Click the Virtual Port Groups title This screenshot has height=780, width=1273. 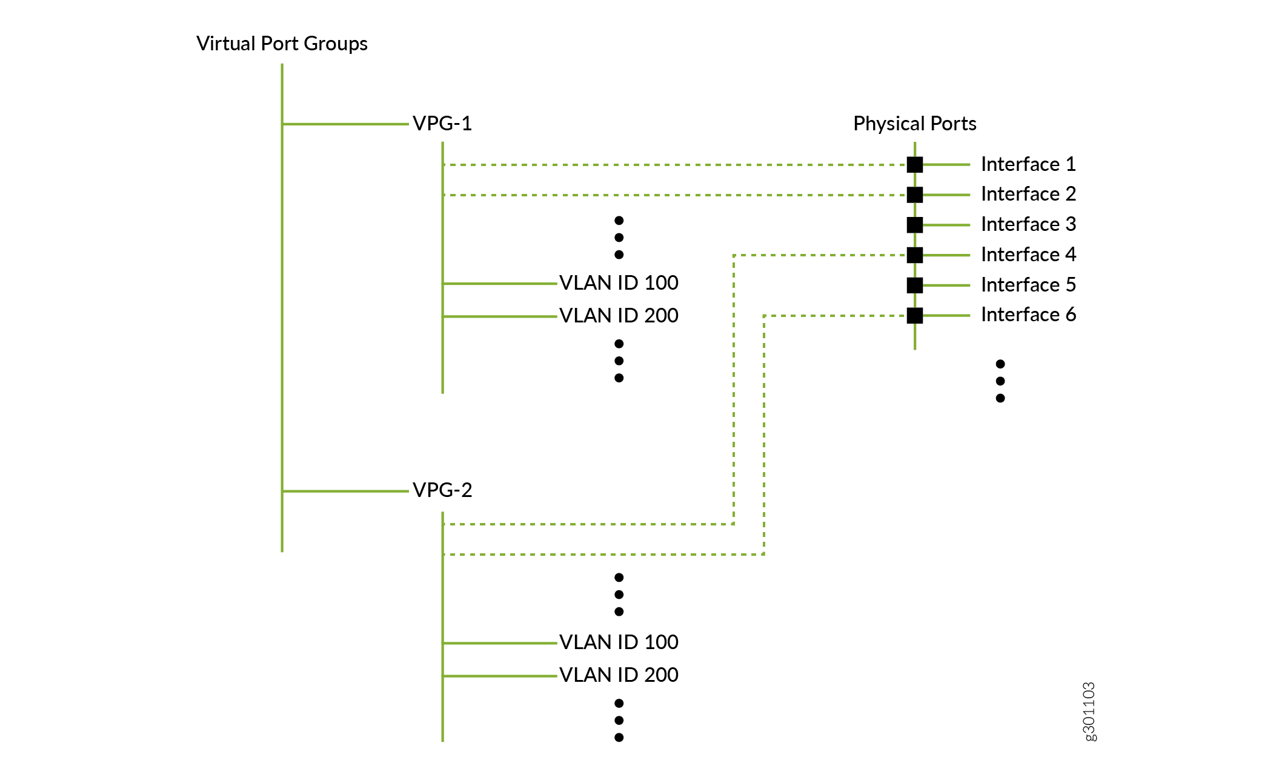tap(282, 44)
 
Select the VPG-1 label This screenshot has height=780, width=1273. tap(442, 124)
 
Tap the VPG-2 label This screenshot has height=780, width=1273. tap(442, 490)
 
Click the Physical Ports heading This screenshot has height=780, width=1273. tap(914, 124)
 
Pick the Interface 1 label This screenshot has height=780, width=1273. tap(1028, 164)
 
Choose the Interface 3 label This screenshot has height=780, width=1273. tap(1028, 224)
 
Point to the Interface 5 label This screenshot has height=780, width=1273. tap(1028, 285)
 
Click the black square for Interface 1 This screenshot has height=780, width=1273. tap(915, 164)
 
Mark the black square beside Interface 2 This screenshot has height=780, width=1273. tap(915, 195)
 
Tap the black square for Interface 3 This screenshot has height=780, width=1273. tap(915, 225)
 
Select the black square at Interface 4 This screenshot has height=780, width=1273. tap(915, 255)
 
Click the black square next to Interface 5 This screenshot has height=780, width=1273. tap(915, 285)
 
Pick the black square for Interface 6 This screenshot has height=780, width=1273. tap(915, 315)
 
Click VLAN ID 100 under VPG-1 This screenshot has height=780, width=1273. tap(619, 282)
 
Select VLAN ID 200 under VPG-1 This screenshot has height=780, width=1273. tap(619, 315)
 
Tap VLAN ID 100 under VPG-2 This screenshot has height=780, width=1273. tap(619, 642)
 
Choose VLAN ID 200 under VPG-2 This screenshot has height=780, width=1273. tap(619, 675)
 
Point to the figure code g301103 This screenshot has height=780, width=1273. tap(1089, 712)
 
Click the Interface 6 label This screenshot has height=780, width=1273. tap(1028, 315)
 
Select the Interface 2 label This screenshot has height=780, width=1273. tap(1028, 194)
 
